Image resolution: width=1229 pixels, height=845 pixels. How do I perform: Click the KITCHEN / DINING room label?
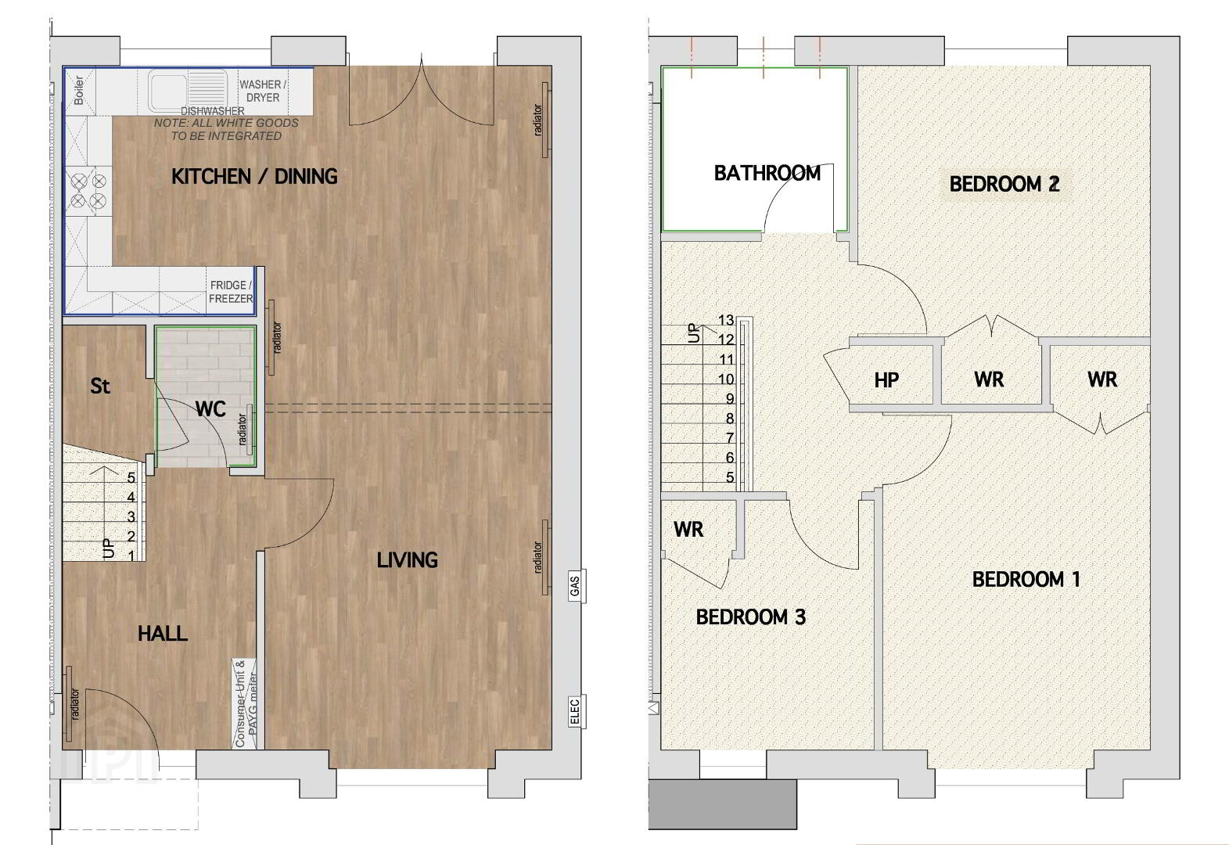click(x=254, y=177)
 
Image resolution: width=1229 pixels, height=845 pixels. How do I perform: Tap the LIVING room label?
click(x=407, y=560)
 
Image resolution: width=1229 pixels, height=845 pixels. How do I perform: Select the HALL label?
click(x=163, y=634)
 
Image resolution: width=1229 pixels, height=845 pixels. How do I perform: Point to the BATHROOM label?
click(x=767, y=174)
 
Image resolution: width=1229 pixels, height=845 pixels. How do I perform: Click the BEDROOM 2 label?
click(x=1004, y=184)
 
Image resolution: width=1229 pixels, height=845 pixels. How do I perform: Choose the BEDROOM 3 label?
click(x=750, y=617)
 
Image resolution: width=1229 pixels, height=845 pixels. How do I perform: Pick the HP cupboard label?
click(x=886, y=380)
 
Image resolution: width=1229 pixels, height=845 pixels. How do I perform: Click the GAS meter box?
click(x=574, y=586)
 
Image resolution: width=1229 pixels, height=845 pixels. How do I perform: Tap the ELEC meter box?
click(x=574, y=712)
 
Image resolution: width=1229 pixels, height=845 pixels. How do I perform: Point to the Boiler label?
click(x=79, y=91)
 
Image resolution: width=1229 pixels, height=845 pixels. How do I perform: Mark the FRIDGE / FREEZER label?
click(x=231, y=292)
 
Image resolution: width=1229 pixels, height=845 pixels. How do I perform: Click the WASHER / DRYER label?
click(x=263, y=91)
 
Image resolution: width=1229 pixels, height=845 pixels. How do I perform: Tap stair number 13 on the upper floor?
click(x=726, y=320)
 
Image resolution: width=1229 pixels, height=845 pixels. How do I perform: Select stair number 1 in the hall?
click(x=131, y=556)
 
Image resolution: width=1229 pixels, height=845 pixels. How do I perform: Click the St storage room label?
click(x=100, y=387)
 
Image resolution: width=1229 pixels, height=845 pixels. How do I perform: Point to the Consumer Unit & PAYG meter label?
click(x=245, y=704)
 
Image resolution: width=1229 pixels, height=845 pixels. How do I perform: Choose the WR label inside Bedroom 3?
click(x=688, y=530)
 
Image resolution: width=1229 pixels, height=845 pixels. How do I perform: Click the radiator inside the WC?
click(x=250, y=430)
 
